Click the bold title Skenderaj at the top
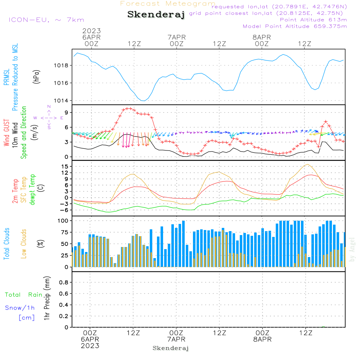[x=156, y=15]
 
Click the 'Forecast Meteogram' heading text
[x=168, y=4]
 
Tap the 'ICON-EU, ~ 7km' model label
[x=46, y=20]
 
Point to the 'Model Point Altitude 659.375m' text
[x=294, y=26]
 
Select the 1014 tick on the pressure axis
[x=63, y=100]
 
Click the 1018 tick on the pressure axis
[x=63, y=66]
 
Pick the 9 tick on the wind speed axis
[x=67, y=113]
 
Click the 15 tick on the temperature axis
[x=65, y=166]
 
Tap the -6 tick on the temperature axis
[x=65, y=210]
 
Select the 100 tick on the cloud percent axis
[x=63, y=220]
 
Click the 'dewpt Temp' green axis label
[x=32, y=190]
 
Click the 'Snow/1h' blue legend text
[x=20, y=308]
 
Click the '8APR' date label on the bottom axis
[x=262, y=339]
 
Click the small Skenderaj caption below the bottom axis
[x=171, y=348]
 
